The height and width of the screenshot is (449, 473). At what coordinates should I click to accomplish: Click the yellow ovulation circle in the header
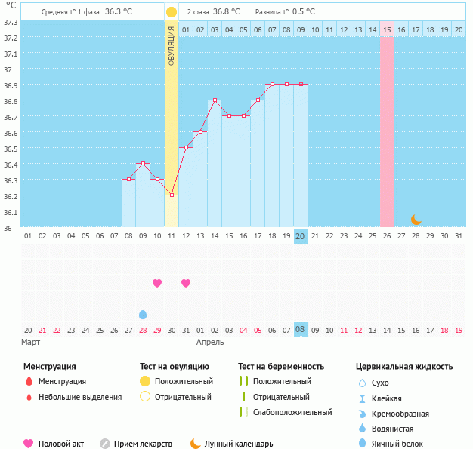click(x=172, y=12)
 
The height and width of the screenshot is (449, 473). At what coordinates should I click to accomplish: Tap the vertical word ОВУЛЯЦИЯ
click(x=172, y=45)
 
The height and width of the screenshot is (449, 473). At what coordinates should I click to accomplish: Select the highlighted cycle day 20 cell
click(x=300, y=236)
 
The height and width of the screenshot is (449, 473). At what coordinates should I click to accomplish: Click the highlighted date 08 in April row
click(x=300, y=330)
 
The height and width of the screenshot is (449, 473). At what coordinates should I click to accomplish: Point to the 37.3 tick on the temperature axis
click(x=11, y=22)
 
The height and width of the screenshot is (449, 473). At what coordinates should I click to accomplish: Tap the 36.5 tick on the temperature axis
click(x=11, y=149)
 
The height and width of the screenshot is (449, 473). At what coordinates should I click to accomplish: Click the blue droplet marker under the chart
click(x=143, y=314)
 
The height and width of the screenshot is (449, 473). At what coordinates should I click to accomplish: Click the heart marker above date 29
click(x=157, y=283)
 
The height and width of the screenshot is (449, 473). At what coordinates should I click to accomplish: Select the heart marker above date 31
click(x=186, y=283)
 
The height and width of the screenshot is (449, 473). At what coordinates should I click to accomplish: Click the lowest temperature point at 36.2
click(x=172, y=195)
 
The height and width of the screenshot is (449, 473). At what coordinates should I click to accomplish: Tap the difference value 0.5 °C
click(x=304, y=12)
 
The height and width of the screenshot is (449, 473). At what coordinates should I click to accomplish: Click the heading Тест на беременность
click(x=280, y=367)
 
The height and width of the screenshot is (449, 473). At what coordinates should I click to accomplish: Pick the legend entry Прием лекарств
click(x=143, y=444)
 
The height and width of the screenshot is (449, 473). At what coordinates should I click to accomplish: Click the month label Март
click(x=30, y=342)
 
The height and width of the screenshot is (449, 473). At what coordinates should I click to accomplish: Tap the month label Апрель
click(x=209, y=342)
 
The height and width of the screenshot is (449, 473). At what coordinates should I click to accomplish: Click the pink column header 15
click(x=386, y=29)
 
